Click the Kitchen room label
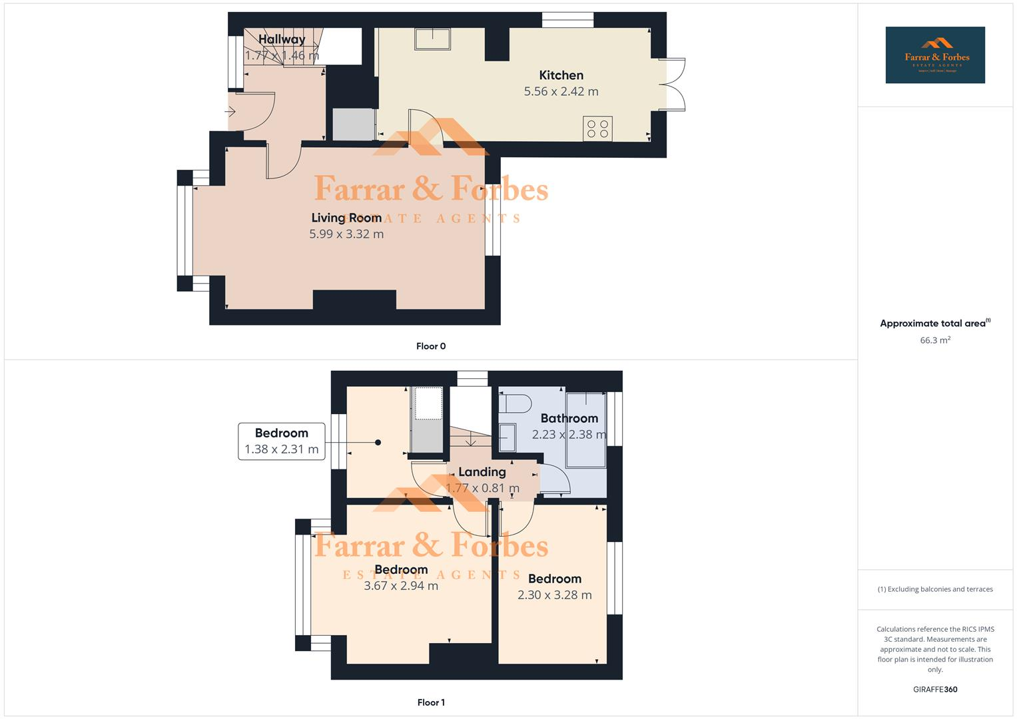(561, 75)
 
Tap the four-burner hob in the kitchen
(597, 128)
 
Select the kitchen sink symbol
(432, 39)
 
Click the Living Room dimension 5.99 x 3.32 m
(346, 234)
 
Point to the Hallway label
(282, 39)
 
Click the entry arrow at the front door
(230, 111)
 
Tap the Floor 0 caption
(431, 346)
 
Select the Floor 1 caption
(431, 702)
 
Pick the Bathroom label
(569, 418)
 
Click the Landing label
(482, 472)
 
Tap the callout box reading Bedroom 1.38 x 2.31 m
(282, 441)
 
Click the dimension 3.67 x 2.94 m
(401, 587)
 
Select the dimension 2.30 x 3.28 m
(554, 595)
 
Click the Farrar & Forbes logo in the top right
(935, 55)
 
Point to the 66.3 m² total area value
(935, 340)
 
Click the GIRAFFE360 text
(935, 690)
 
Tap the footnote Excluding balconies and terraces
(935, 589)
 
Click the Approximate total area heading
(934, 324)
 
